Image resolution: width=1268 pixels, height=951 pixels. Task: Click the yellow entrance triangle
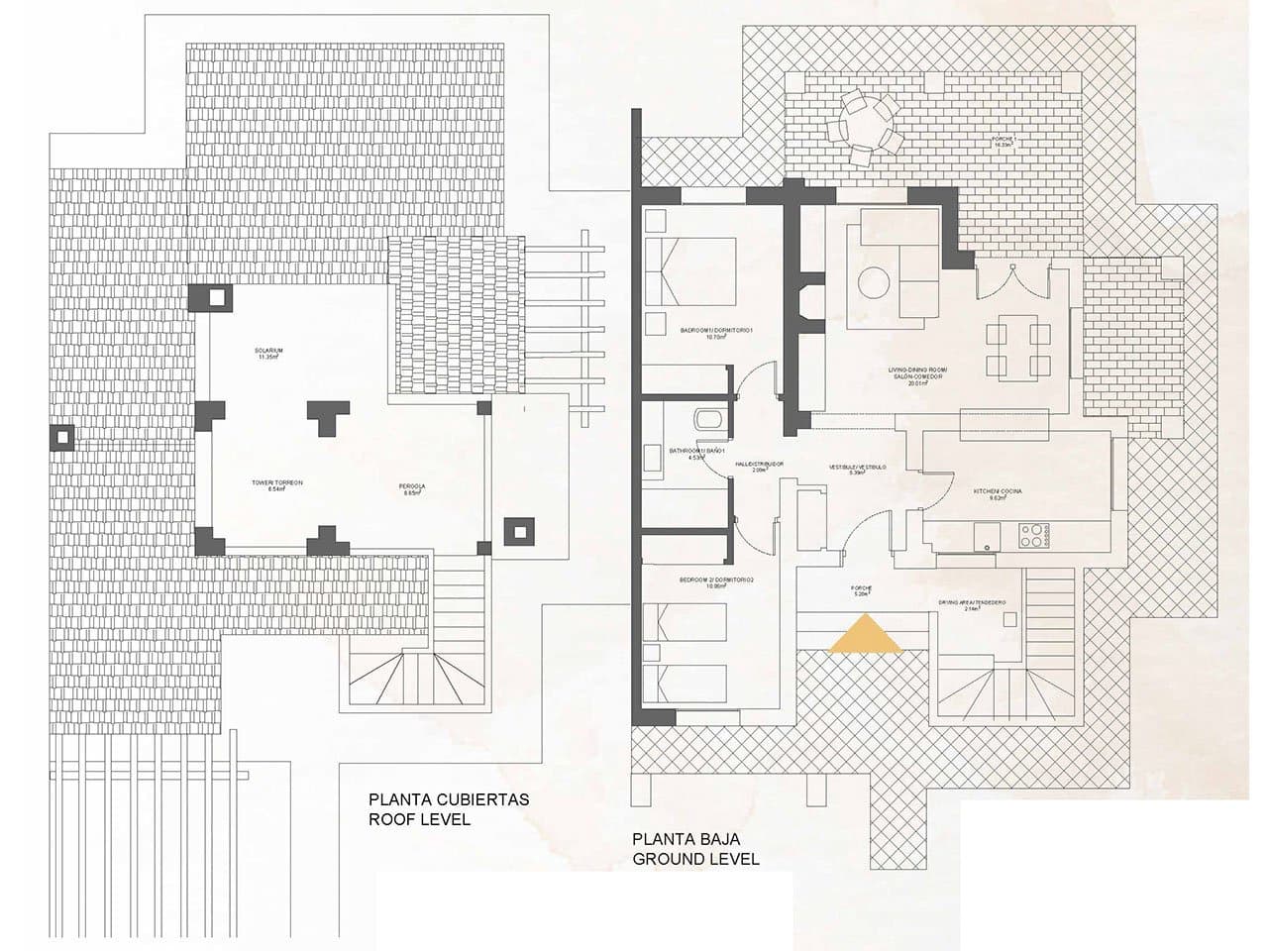click(x=865, y=635)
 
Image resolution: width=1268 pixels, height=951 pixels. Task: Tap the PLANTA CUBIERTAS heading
click(x=450, y=799)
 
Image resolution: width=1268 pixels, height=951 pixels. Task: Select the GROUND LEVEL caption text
click(x=695, y=859)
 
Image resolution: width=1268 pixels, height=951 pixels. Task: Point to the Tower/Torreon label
click(x=276, y=485)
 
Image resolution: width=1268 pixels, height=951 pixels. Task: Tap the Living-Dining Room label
click(x=918, y=376)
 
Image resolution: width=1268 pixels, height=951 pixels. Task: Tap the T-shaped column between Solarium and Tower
click(x=326, y=416)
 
